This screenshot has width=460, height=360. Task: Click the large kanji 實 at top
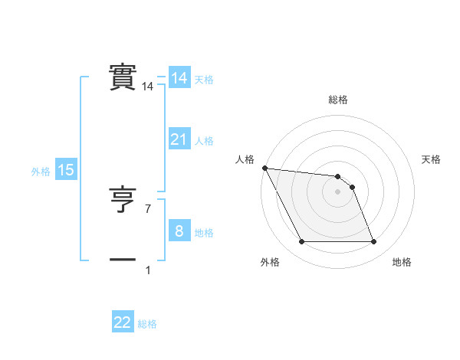coord(123,77)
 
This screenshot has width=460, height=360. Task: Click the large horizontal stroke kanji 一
coord(123,260)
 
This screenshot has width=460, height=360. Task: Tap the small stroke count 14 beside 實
coord(147,87)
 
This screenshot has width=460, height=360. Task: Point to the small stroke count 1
coord(147,270)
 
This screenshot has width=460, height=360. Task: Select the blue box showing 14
coord(179,78)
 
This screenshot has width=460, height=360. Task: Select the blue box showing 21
coord(179,139)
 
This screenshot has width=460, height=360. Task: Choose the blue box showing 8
coord(179,231)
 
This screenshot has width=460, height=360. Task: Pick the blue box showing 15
coord(66,170)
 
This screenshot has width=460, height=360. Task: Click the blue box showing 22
coord(123,322)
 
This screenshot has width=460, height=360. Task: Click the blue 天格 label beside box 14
coord(204,80)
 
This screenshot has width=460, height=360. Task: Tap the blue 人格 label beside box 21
coord(204,141)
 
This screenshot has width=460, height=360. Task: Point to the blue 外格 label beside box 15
coord(41,172)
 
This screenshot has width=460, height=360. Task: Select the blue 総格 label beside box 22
coord(147,324)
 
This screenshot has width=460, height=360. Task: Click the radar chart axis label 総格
coord(338,100)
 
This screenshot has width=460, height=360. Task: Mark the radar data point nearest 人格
coord(264,168)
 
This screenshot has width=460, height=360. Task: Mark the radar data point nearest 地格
coord(374,242)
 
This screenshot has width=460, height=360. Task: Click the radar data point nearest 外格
coord(301,242)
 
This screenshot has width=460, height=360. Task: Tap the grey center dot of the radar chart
coord(338,191)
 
